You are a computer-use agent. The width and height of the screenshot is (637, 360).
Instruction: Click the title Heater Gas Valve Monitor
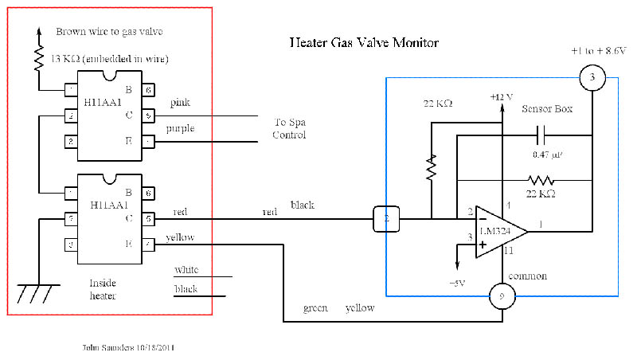363,42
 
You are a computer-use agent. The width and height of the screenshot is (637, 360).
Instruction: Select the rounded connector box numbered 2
386,219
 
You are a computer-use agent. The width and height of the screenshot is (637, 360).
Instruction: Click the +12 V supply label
502,96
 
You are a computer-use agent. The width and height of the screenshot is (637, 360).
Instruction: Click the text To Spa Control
289,127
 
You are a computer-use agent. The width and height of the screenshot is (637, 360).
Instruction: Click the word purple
182,129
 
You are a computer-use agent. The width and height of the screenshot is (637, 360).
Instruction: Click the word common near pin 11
529,276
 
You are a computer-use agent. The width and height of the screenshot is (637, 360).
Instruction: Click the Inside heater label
104,289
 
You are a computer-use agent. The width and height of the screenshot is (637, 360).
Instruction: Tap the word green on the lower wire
316,307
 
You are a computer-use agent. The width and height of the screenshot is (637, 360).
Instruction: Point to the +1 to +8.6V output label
598,50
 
